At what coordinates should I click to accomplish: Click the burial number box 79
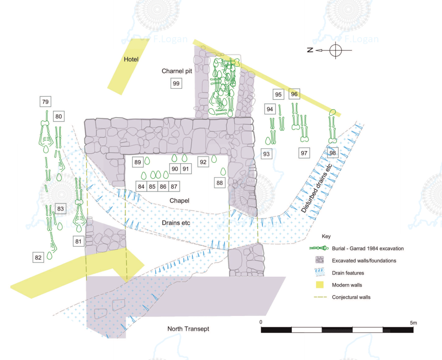[x=45, y=102]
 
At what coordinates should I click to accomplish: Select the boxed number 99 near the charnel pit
[x=176, y=83]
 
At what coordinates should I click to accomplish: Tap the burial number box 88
[x=220, y=183]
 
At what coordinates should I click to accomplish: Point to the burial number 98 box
[x=332, y=153]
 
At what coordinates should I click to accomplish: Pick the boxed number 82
[x=38, y=258]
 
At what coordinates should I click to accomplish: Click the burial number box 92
[x=203, y=162]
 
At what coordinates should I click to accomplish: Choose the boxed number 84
[x=141, y=186]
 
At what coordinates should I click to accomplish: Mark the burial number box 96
[x=294, y=94]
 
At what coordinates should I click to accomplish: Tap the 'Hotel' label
[x=131, y=59]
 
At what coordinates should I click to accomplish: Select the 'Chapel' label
[x=179, y=201]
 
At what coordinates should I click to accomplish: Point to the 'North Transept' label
[x=188, y=329]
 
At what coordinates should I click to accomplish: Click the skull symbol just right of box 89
[x=147, y=161]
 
